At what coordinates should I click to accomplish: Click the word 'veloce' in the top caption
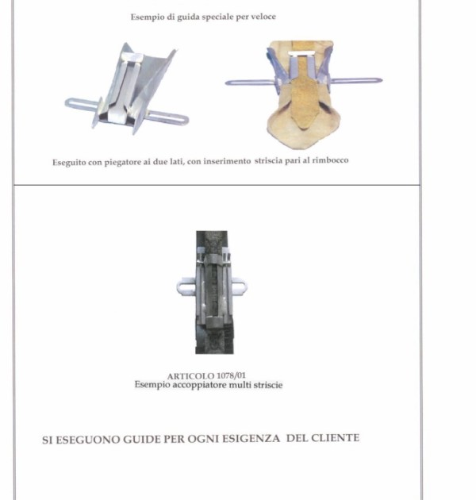[263, 17]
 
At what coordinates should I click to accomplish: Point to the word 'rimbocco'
[330, 160]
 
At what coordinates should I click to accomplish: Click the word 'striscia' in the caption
[268, 160]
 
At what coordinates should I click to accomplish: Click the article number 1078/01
[231, 375]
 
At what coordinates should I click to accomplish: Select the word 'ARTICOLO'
[190, 376]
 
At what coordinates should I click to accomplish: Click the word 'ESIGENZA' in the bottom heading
[251, 439]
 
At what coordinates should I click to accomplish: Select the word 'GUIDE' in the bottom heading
[142, 440]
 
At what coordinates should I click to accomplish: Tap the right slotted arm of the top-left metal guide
[167, 117]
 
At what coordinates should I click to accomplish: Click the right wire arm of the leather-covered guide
[357, 81]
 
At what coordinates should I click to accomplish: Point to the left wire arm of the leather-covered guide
[250, 83]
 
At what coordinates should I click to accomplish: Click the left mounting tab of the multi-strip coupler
[186, 287]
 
